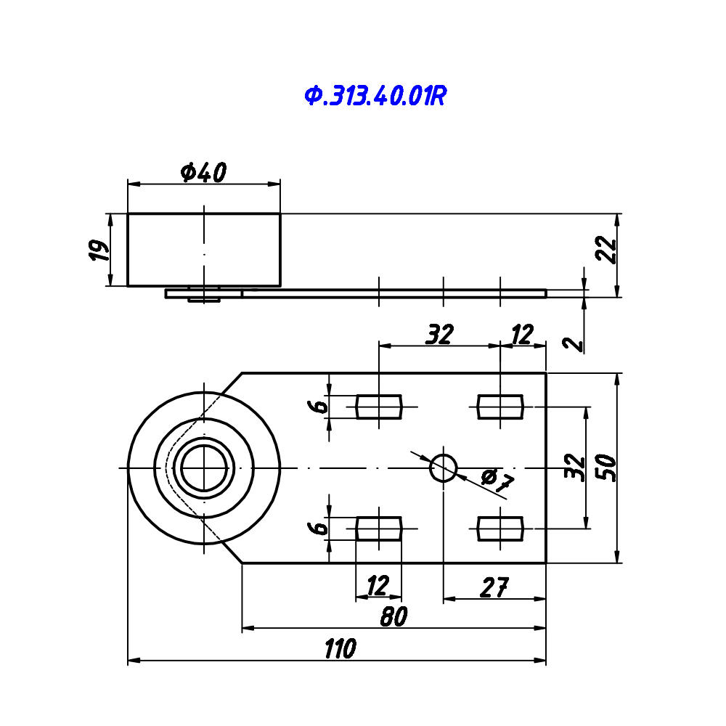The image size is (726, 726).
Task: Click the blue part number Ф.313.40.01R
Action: tap(375, 96)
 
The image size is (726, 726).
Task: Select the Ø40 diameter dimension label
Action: tap(204, 172)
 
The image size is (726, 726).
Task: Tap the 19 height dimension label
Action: tap(99, 250)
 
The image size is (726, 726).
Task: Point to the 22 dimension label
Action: tap(606, 250)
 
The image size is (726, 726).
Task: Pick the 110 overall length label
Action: tap(340, 648)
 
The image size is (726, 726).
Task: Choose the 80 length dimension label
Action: tap(393, 616)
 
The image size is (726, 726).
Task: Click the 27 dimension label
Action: tap(494, 587)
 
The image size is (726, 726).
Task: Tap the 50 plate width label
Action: tap(606, 468)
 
